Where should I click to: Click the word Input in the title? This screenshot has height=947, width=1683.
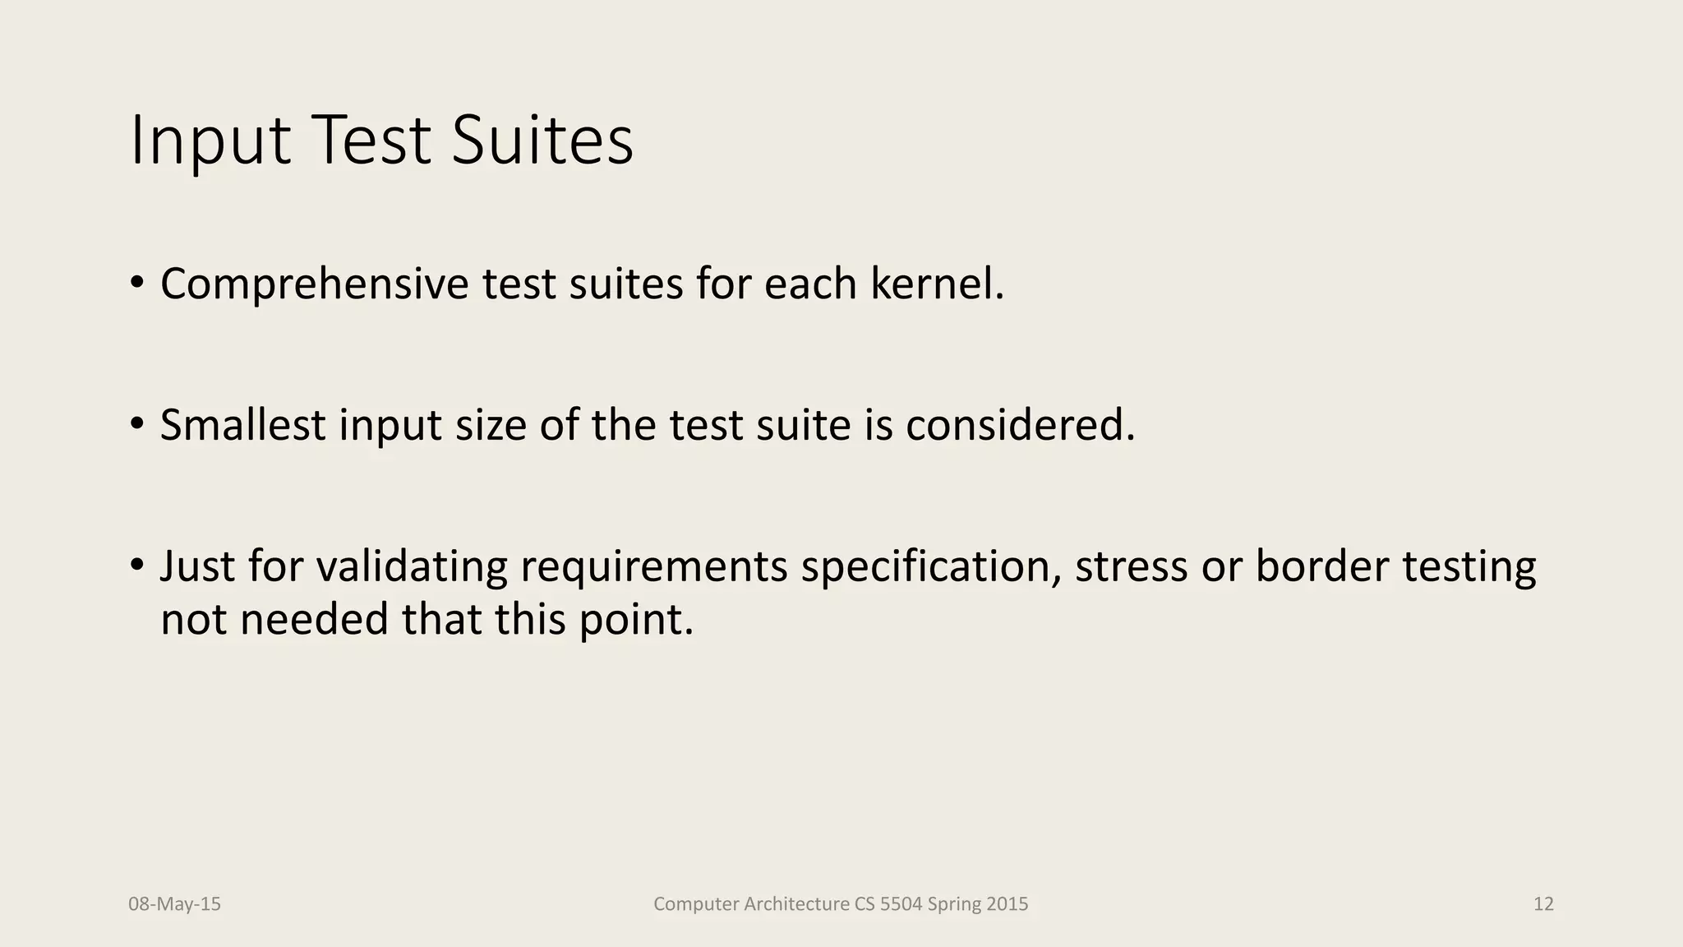(x=210, y=141)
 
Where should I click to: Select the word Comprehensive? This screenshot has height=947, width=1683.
(x=314, y=284)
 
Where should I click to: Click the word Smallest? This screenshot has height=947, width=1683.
(x=242, y=426)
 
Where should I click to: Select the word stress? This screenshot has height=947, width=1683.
(x=1131, y=566)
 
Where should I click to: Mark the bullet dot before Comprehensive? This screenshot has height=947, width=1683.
(x=136, y=284)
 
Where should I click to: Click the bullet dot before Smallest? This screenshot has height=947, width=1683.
(x=136, y=425)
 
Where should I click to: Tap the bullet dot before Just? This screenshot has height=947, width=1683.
(x=136, y=566)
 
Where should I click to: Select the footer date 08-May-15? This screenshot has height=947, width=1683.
(x=174, y=904)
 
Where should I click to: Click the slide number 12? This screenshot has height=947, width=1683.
(x=1543, y=904)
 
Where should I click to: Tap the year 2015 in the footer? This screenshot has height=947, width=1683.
(x=1007, y=904)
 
